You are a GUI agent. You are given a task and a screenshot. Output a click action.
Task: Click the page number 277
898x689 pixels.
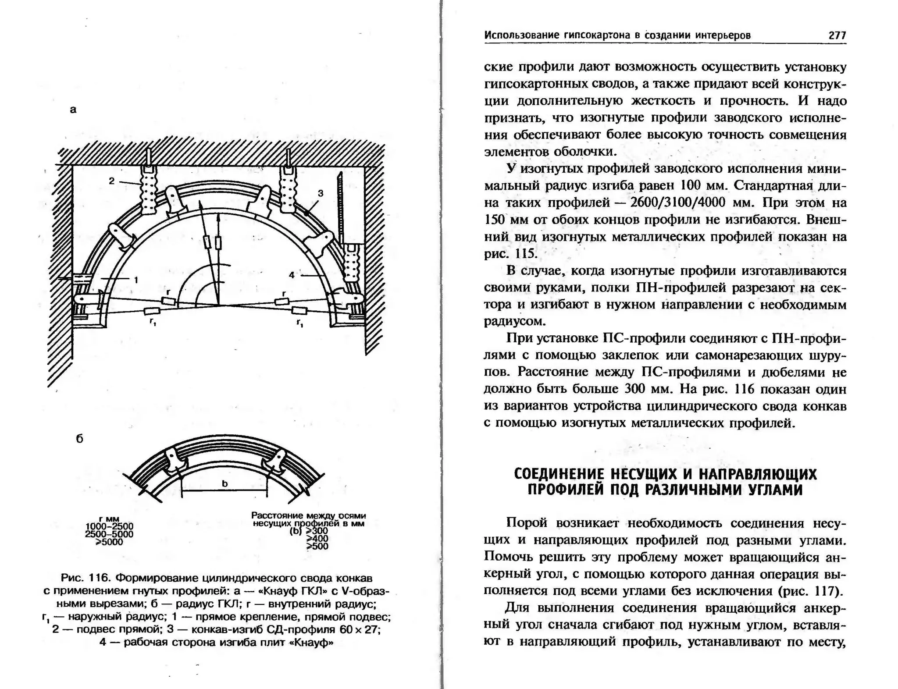point(837,36)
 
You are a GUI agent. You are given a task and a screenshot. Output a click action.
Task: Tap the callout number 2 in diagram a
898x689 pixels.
point(112,181)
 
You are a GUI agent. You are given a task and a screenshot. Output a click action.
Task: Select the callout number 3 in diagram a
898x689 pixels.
point(321,193)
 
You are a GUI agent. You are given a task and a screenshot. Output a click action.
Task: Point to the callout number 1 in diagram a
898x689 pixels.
point(136,279)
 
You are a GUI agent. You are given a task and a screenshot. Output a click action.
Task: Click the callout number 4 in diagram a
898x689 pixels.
point(292,275)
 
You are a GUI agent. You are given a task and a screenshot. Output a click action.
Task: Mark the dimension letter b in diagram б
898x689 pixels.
point(225,483)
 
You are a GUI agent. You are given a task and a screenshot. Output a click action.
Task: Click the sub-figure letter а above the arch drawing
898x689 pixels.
point(73,110)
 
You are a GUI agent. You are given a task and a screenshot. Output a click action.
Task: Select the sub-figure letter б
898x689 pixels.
point(79,439)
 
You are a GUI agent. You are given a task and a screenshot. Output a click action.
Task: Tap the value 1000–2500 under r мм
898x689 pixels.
point(109,526)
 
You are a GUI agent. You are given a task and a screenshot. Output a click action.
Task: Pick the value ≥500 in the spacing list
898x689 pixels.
point(317,546)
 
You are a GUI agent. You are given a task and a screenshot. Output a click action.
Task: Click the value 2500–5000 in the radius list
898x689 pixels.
point(109,534)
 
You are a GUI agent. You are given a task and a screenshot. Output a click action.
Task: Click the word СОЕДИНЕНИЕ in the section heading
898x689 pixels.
point(559,474)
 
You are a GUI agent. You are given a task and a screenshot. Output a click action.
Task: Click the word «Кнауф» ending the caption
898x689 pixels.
point(313,643)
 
